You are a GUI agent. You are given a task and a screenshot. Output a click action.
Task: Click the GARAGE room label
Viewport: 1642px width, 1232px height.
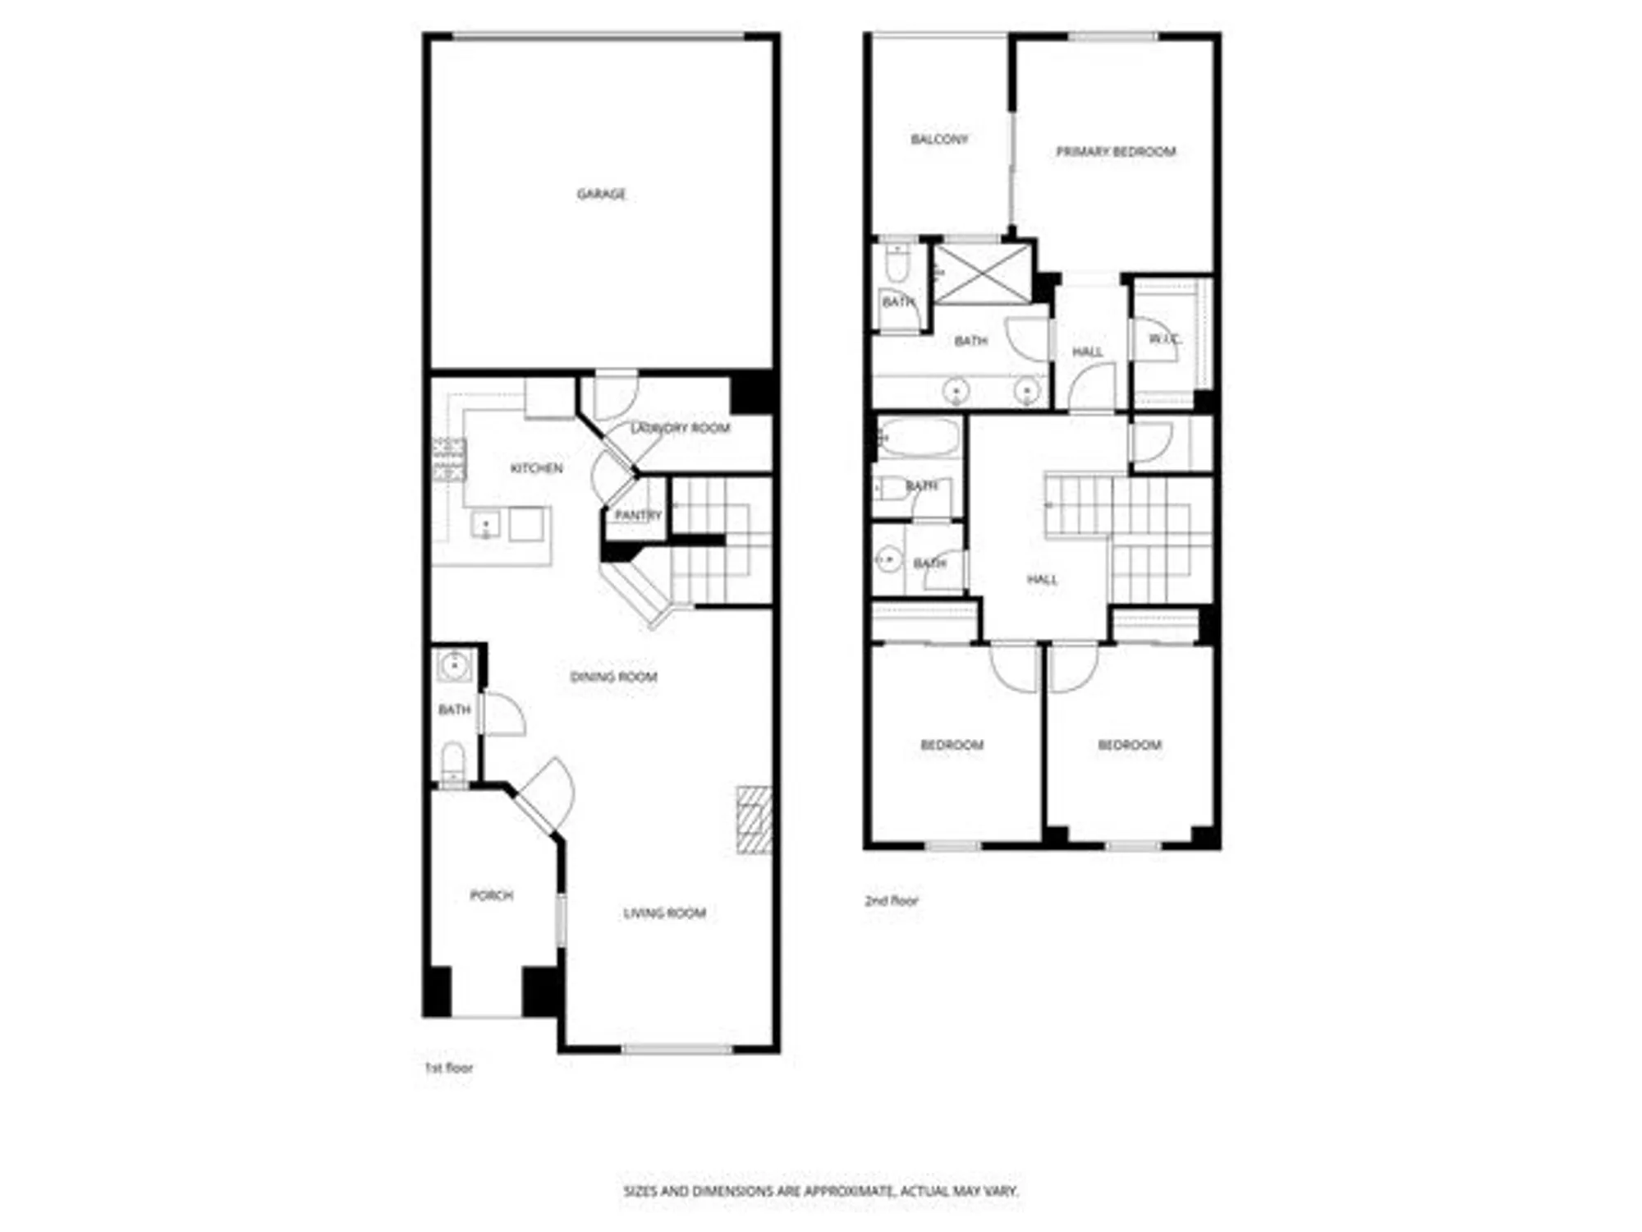point(601,194)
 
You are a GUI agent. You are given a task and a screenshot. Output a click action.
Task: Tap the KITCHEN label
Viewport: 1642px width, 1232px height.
point(536,468)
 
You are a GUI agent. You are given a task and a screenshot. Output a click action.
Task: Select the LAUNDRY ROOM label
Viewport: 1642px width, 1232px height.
point(680,428)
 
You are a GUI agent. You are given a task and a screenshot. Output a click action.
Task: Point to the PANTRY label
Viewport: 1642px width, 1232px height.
point(638,515)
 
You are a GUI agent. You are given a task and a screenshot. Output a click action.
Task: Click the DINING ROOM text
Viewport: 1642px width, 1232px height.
point(613,677)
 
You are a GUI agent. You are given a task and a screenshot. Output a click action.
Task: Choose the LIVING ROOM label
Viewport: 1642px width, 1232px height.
point(664,913)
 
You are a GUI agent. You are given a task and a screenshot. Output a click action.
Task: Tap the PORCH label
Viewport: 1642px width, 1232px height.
point(491,894)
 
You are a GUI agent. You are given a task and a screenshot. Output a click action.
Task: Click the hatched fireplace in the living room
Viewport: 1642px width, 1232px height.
point(754,820)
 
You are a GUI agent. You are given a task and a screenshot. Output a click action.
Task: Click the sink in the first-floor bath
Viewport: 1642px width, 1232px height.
point(453,664)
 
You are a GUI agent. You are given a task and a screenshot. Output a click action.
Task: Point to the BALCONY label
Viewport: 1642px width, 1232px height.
point(939,139)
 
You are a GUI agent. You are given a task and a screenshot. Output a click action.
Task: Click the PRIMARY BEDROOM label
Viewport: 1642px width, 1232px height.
point(1115,151)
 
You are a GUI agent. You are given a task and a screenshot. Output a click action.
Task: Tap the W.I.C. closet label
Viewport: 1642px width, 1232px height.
point(1164,338)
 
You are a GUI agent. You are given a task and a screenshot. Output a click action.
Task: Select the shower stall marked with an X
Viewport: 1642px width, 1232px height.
point(983,274)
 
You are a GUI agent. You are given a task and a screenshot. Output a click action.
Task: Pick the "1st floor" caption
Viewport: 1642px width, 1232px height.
point(448,1068)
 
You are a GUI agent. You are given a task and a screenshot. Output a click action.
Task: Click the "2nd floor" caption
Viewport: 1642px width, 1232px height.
point(891,900)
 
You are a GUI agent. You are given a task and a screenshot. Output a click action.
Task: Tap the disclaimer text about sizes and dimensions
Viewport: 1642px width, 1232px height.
point(820,1190)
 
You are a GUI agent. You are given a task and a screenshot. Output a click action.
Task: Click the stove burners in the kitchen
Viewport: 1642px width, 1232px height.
point(449,460)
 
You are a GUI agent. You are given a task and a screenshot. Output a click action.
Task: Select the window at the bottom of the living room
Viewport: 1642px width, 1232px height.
point(677,1049)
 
